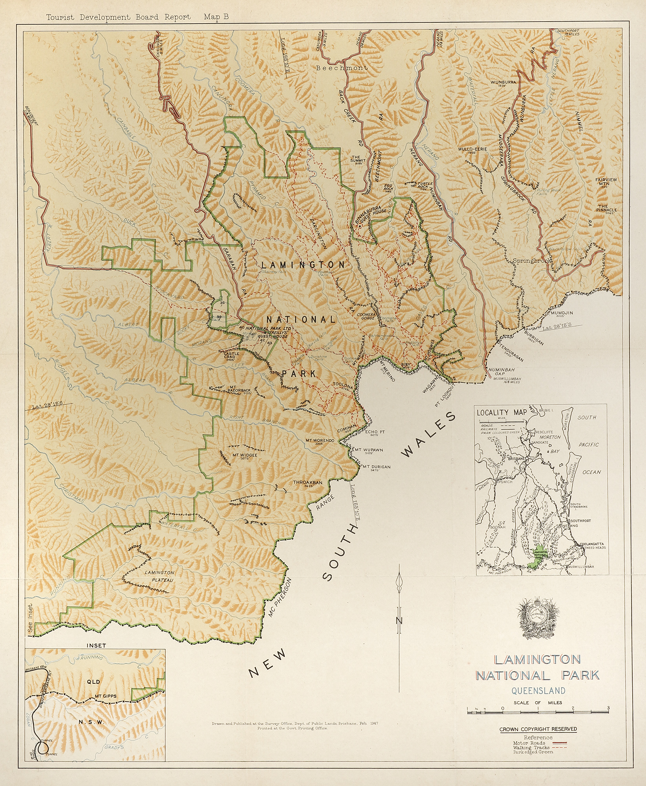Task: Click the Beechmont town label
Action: (342, 68)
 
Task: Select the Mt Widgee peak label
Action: (244, 455)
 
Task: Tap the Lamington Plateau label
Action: (159, 576)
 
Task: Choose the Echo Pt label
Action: (375, 432)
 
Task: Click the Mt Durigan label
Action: (376, 467)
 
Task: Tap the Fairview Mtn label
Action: (606, 182)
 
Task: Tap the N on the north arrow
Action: (399, 621)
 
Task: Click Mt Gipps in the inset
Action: (106, 696)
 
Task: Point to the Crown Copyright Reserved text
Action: (538, 729)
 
